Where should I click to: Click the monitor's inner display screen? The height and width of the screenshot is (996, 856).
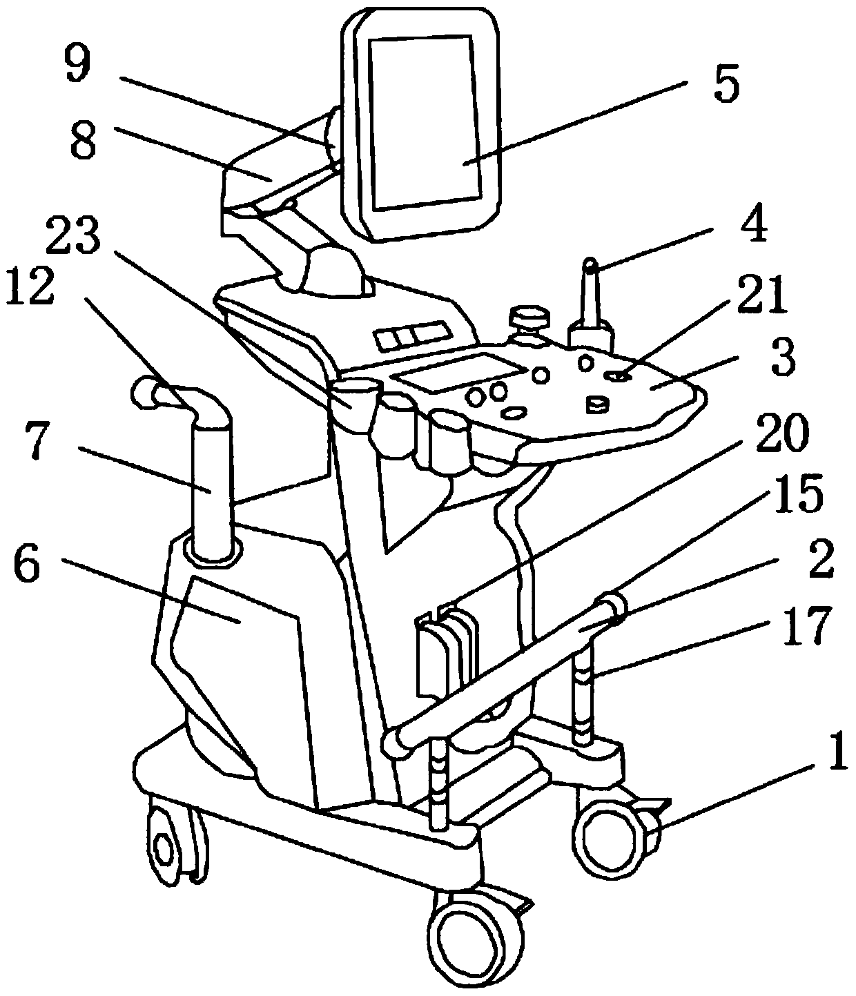[x=422, y=124]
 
